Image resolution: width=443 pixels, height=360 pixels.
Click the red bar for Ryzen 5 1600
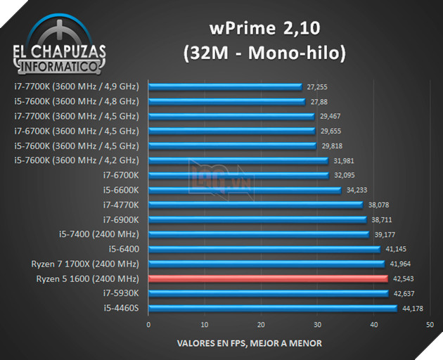pyautogui.click(x=268, y=279)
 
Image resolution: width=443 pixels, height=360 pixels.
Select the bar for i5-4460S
pyautogui.click(x=273, y=308)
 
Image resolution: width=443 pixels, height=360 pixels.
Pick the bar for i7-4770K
pyautogui.click(x=256, y=205)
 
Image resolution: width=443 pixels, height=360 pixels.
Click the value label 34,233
pyautogui.click(x=357, y=190)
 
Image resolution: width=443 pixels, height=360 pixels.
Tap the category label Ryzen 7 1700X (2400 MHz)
pyautogui.click(x=84, y=264)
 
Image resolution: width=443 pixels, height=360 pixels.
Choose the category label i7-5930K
pyautogui.click(x=122, y=293)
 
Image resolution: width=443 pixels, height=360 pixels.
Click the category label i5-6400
pyautogui.click(x=124, y=249)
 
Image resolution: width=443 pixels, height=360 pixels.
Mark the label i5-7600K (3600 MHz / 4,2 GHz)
pyautogui.click(x=77, y=160)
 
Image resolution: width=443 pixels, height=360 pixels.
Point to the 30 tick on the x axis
pyautogui.click(x=317, y=325)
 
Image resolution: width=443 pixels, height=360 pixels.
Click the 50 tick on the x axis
pyautogui.click(x=430, y=325)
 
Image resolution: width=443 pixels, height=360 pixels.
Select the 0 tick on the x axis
pyautogui.click(x=148, y=325)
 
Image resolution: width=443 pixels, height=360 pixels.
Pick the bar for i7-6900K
pyautogui.click(x=257, y=219)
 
